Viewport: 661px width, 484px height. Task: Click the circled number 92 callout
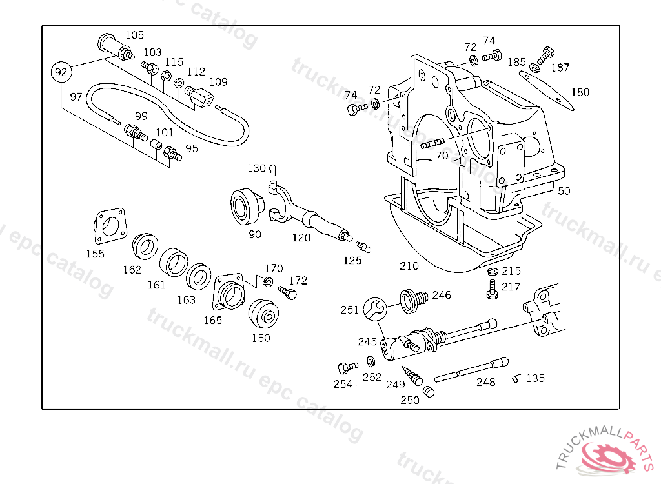tap(61, 72)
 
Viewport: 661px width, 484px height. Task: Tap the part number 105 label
tap(134, 35)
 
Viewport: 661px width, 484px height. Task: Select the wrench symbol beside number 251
tap(374, 309)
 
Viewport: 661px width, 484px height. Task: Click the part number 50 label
tap(564, 190)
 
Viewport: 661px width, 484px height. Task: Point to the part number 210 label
tap(409, 265)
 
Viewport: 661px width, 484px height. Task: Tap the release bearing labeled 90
tap(246, 205)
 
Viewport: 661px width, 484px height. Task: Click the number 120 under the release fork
tap(301, 237)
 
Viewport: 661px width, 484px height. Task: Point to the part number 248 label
tap(485, 382)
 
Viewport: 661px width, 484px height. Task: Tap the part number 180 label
tap(580, 92)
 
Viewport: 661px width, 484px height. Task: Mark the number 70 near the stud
tap(442, 156)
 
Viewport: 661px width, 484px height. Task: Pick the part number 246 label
tap(442, 295)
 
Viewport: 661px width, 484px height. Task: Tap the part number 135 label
tap(534, 378)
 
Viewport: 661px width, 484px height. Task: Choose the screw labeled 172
tap(289, 293)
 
